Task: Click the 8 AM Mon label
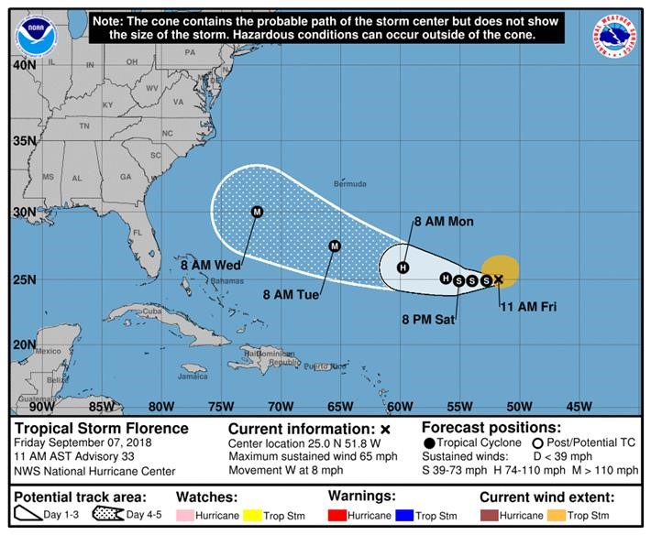pyautogui.click(x=445, y=222)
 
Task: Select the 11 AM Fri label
pyautogui.click(x=528, y=306)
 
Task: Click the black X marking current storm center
pyautogui.click(x=498, y=278)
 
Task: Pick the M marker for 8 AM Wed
pyautogui.click(x=258, y=212)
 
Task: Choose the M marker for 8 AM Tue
pyautogui.click(x=335, y=246)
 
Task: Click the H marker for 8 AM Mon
pyautogui.click(x=403, y=267)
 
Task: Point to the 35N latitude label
pyautogui.click(x=23, y=141)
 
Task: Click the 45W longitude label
pyautogui.click(x=579, y=406)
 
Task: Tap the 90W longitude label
pyautogui.click(x=41, y=406)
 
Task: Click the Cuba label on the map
pyautogui.click(x=151, y=311)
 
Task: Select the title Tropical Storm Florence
pyautogui.click(x=102, y=428)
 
